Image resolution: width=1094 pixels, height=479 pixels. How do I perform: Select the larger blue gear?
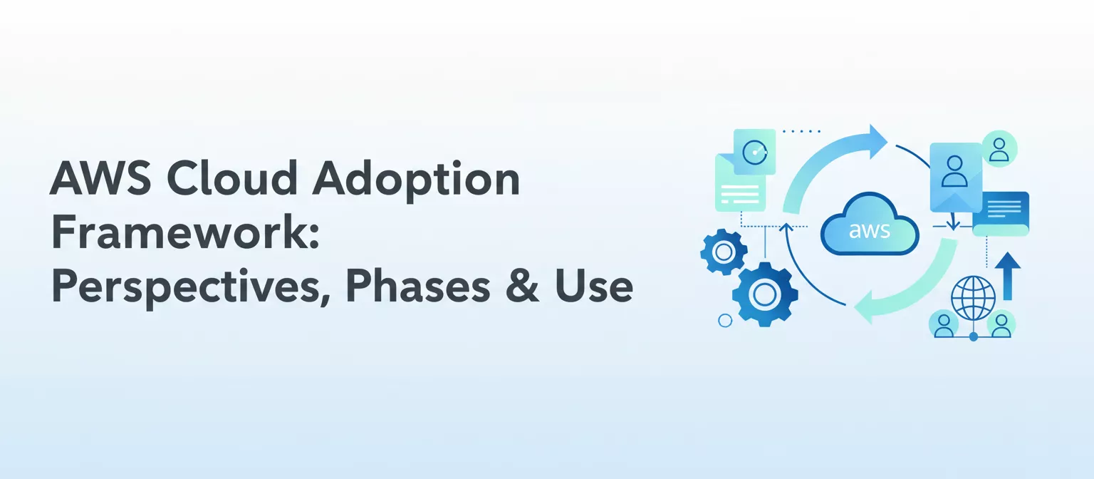[x=765, y=294]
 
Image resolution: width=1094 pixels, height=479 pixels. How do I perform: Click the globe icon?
[x=973, y=297]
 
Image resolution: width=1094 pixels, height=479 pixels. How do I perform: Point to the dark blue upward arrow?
[x=1007, y=274]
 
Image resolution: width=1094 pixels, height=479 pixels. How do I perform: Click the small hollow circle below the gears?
[x=725, y=321]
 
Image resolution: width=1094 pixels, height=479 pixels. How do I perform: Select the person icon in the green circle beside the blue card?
[x=999, y=148]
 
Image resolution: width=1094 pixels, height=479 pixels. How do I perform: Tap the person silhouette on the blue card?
[x=955, y=170]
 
